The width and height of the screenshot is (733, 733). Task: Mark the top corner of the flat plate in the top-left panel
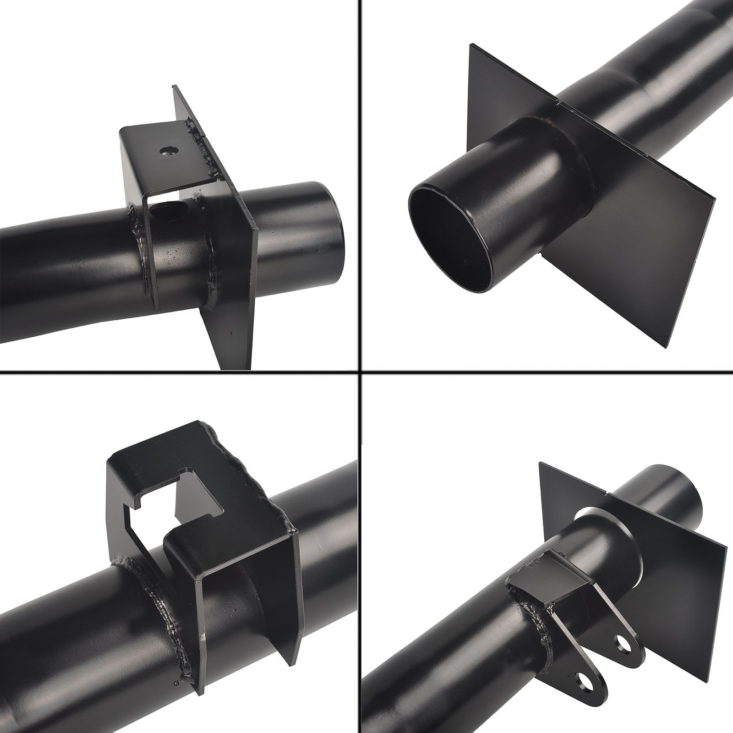tap(174, 86)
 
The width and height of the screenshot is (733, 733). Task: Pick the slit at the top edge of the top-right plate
tap(558, 98)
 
